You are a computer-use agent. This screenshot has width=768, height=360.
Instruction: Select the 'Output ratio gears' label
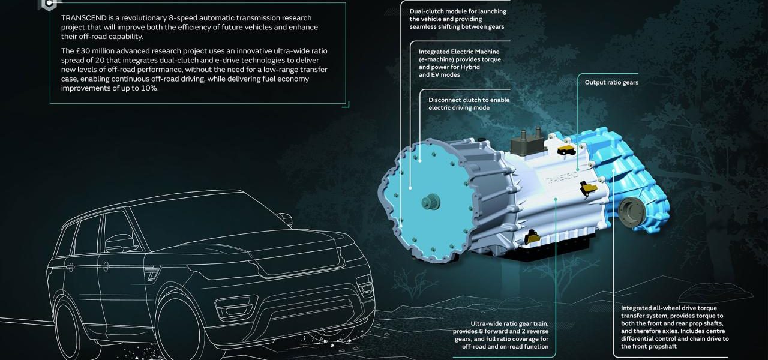click(x=611, y=82)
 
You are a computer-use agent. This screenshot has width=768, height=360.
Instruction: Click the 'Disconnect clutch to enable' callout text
click(x=469, y=100)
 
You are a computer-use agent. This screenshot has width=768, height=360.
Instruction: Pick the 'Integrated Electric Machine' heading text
click(x=459, y=52)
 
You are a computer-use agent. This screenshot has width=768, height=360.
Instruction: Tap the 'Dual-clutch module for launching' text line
click(x=458, y=11)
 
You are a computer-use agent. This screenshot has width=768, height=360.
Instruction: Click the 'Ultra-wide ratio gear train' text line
click(x=509, y=323)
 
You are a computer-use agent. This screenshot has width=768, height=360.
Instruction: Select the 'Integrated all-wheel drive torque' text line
click(x=669, y=308)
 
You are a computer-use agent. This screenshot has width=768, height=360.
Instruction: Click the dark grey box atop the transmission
click(x=527, y=143)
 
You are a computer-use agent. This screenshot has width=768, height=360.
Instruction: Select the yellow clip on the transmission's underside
click(x=532, y=236)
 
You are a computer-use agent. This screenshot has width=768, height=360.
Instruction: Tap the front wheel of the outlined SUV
click(x=178, y=330)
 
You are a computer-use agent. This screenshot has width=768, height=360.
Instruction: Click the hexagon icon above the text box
click(x=49, y=4)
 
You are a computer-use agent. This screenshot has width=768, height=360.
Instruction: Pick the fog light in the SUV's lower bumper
click(x=236, y=309)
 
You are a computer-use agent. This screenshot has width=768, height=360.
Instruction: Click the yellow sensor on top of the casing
click(x=566, y=150)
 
